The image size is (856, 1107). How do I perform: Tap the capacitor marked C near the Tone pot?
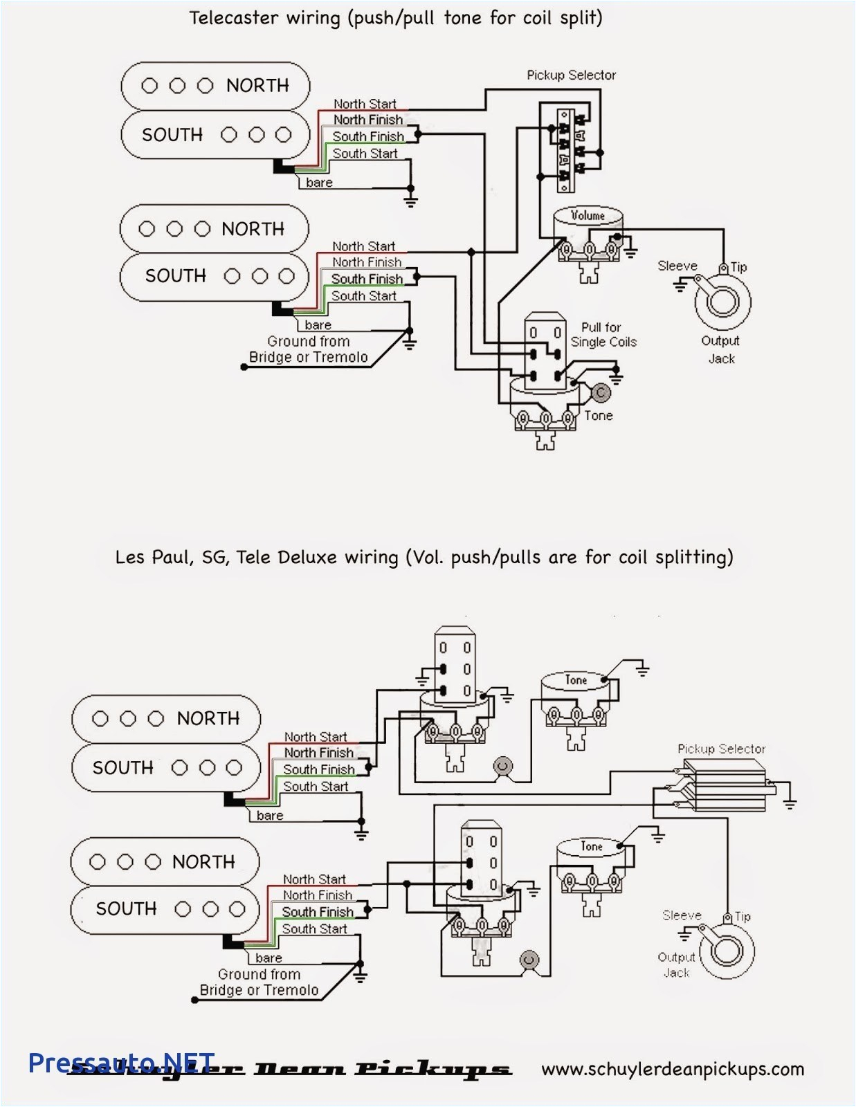click(601, 392)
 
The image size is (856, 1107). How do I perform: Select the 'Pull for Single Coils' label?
click(603, 335)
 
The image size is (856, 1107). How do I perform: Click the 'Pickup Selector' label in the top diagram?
click(571, 75)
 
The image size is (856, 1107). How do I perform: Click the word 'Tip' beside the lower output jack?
click(743, 916)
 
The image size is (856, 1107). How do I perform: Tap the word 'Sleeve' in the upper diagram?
click(677, 266)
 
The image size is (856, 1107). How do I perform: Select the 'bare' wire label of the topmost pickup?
click(319, 183)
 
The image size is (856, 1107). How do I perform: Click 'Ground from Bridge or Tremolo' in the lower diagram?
click(259, 982)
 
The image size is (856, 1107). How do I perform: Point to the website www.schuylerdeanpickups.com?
click(672, 1069)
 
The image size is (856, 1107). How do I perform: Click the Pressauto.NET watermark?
click(121, 1063)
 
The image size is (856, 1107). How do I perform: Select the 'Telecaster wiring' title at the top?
click(396, 18)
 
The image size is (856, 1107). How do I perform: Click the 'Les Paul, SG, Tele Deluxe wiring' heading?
click(424, 557)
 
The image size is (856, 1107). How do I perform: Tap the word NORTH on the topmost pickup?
click(257, 86)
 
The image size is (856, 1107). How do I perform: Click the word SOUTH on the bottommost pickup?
click(127, 908)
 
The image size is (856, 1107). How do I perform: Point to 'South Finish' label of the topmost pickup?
click(368, 137)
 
